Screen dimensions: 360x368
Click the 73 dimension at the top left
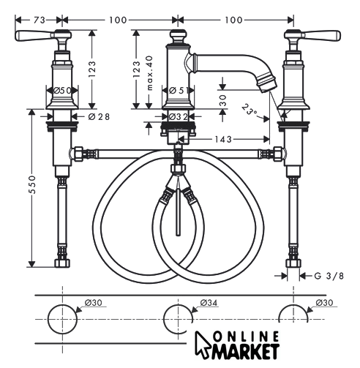40,20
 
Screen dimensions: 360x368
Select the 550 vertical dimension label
32,184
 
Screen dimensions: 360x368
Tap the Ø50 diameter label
62,91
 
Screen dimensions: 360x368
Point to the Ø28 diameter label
99,117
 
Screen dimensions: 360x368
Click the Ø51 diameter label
179,91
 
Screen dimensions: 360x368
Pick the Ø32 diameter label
179,117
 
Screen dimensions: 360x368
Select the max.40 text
149,73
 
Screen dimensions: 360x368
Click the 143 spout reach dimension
223,140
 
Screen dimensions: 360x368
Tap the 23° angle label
250,110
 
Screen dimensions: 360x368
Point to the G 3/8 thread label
329,276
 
